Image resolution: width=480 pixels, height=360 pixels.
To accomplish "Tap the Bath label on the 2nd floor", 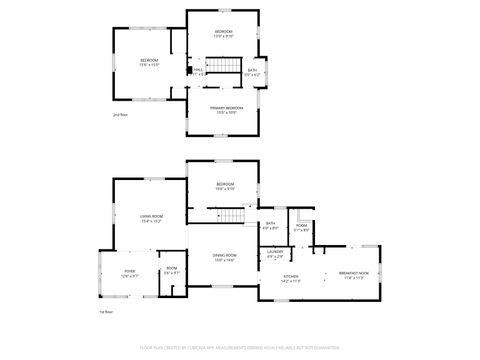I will pos(252,70).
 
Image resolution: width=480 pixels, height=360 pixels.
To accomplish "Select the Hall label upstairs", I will pos(198,70).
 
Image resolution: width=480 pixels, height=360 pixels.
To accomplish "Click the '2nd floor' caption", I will pos(119,116).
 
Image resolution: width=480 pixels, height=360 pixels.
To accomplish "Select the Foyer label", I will pos(129,270).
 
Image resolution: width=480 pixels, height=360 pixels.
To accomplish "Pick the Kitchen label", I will pos(291,276).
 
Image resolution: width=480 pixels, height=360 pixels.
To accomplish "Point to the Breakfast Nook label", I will pos(353,273).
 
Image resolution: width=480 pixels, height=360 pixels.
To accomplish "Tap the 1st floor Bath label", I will pos(270,224).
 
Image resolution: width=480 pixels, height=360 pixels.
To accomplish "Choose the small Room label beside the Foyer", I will pos(171,268).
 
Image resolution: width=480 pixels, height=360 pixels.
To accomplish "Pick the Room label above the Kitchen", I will pos(301,225).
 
